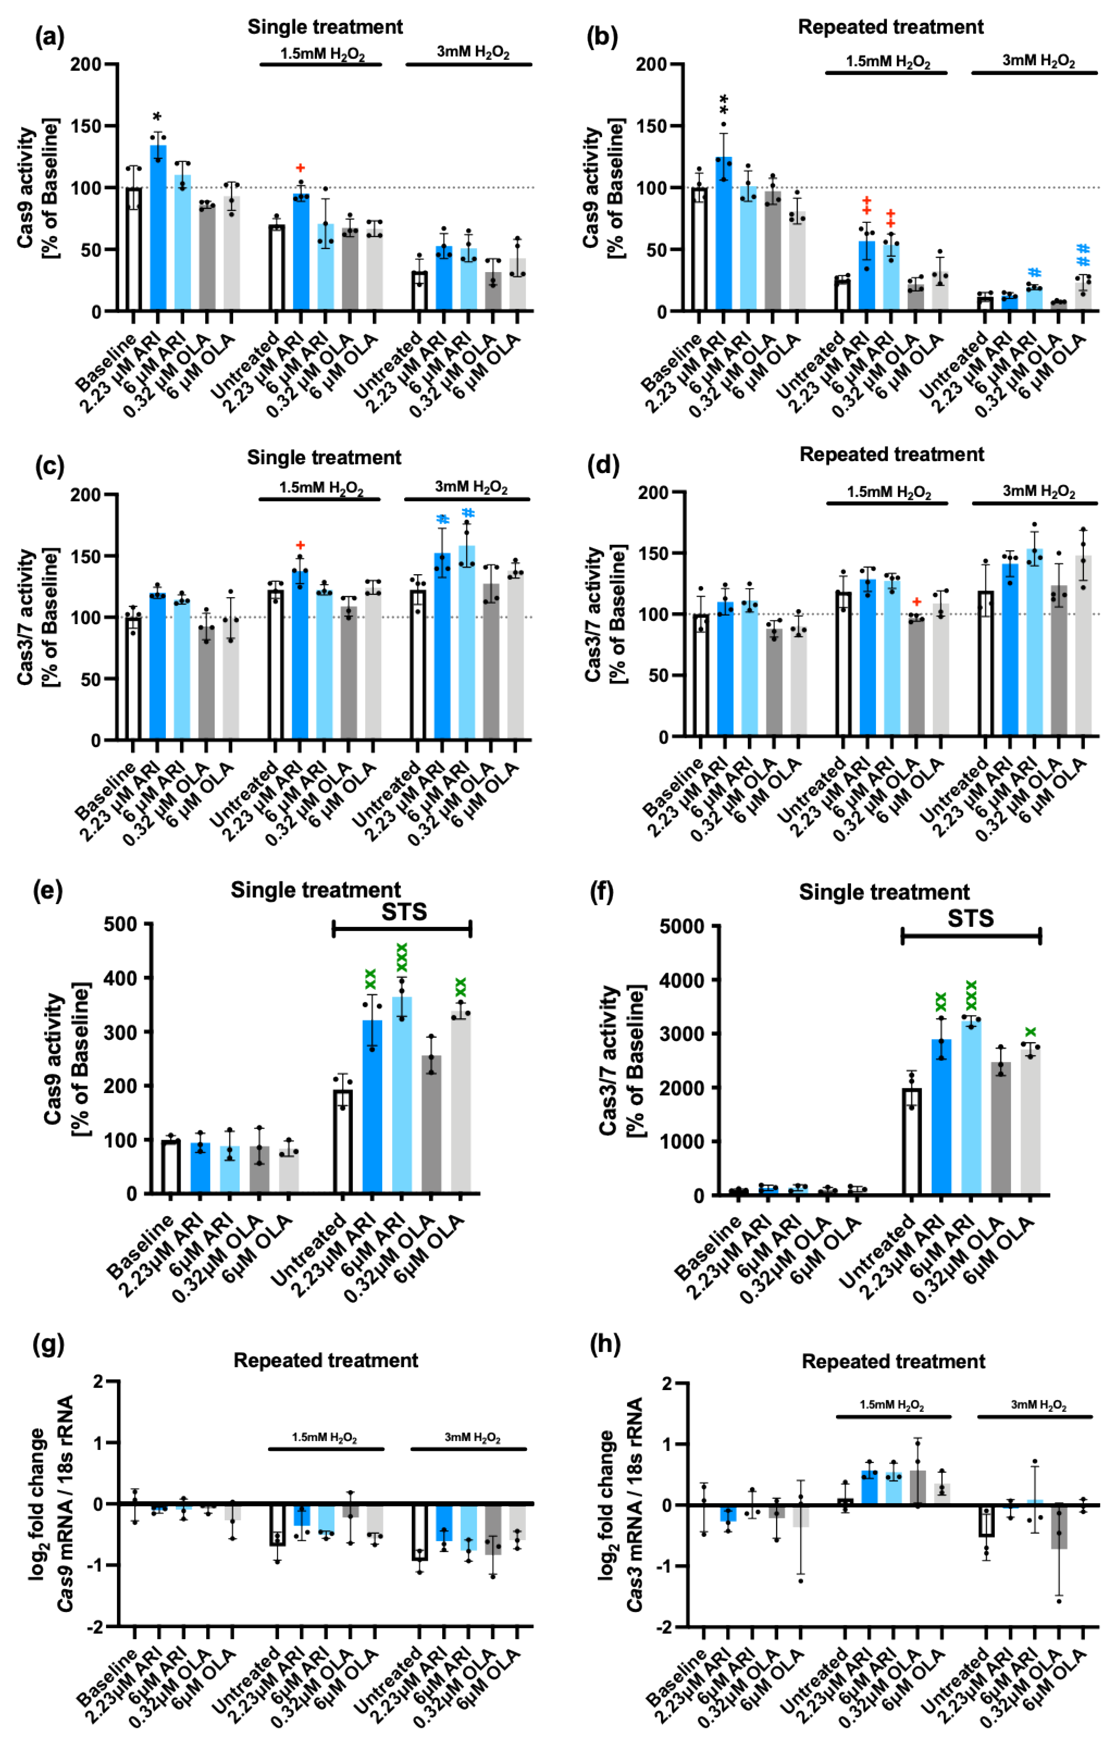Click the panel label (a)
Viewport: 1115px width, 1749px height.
49,36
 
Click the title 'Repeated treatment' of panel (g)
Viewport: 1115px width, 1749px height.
326,1360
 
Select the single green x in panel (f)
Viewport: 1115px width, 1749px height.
1030,1032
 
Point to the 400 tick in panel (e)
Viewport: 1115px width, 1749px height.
121,978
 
